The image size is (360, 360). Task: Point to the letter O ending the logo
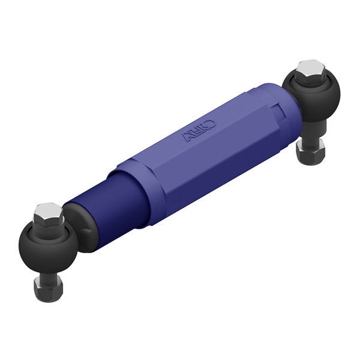(x=210, y=124)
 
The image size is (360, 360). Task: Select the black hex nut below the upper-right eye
(x=311, y=152)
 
